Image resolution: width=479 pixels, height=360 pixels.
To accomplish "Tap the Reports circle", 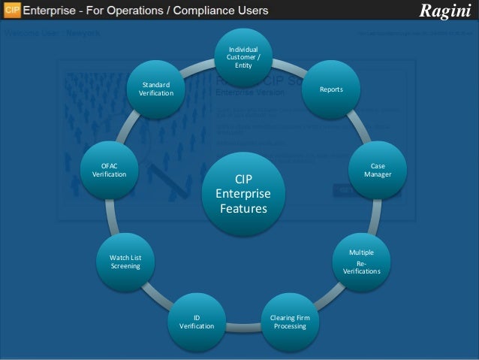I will pyautogui.click(x=331, y=89).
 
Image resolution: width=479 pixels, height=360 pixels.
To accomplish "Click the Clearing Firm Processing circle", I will pyautogui.click(x=290, y=322).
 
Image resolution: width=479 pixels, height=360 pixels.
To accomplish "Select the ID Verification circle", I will pyautogui.click(x=197, y=322).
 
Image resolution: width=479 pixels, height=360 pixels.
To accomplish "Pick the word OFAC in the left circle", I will pyautogui.click(x=109, y=165).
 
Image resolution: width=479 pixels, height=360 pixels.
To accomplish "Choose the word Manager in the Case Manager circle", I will pyautogui.click(x=377, y=174).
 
